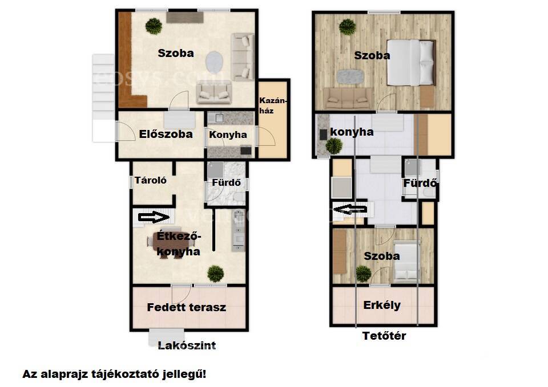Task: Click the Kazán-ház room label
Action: click(x=273, y=106)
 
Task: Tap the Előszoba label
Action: click(x=166, y=135)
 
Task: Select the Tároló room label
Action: click(x=151, y=181)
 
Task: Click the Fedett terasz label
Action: click(x=186, y=307)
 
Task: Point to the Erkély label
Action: click(x=382, y=305)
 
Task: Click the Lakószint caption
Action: click(x=187, y=345)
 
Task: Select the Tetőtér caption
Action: click(x=384, y=336)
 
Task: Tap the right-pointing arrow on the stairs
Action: click(x=154, y=217)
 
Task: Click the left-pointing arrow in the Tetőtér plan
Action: click(x=350, y=209)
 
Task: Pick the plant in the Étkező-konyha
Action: click(x=215, y=274)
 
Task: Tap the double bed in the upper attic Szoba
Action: click(x=412, y=63)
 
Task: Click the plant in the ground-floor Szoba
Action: click(x=154, y=26)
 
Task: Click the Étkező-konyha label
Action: click(x=179, y=243)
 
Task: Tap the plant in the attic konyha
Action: click(x=334, y=146)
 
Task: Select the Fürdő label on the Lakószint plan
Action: click(x=227, y=182)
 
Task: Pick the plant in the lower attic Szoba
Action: click(x=363, y=274)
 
